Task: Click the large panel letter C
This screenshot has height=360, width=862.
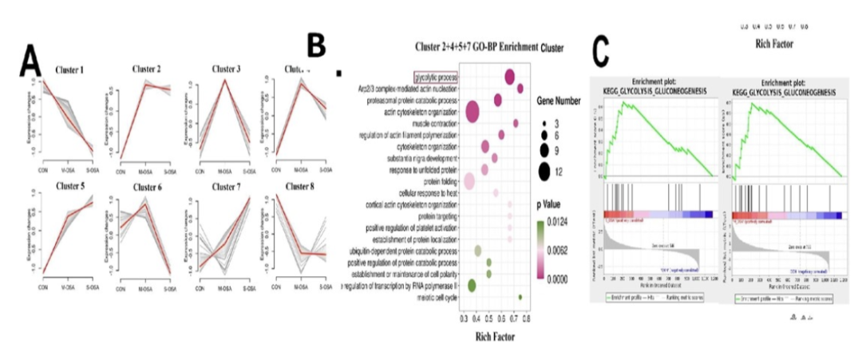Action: [604, 52]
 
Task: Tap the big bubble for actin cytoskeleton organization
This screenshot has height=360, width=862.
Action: [472, 113]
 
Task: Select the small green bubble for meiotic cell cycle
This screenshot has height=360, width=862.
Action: [520, 297]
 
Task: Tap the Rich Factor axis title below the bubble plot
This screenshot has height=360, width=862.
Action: [491, 336]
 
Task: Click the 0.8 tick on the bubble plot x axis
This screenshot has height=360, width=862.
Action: [526, 318]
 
